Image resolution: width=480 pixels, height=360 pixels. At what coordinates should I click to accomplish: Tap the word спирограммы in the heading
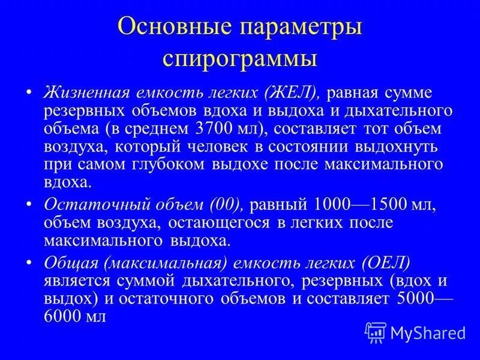(239, 61)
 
